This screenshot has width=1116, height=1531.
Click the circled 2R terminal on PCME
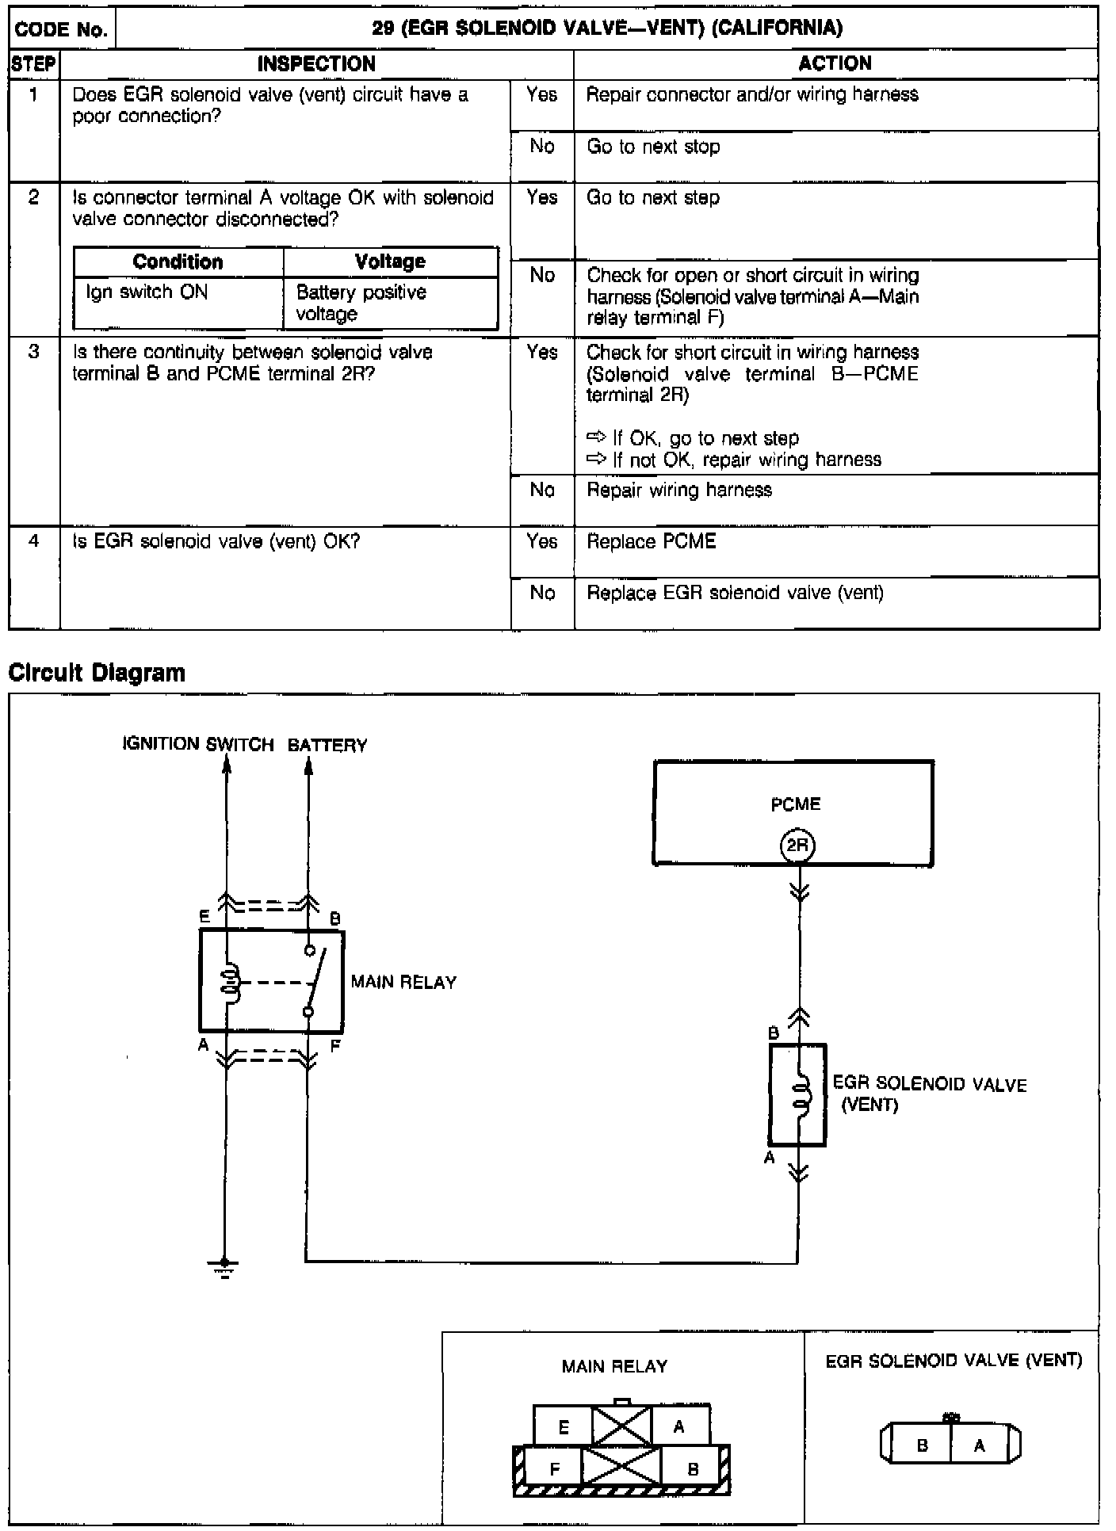[797, 846]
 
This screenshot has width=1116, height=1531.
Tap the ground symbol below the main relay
[225, 1267]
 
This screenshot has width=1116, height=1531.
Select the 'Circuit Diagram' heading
[97, 673]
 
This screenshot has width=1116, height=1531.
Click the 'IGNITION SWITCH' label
[198, 744]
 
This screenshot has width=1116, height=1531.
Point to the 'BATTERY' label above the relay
[327, 746]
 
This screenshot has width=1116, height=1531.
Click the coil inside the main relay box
[231, 983]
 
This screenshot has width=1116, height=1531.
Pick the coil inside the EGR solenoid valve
[801, 1094]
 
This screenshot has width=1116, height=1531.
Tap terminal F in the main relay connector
[554, 1468]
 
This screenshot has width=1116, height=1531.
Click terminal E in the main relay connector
[564, 1428]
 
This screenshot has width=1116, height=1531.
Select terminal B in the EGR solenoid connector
[922, 1445]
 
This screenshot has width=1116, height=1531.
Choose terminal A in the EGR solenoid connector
[980, 1445]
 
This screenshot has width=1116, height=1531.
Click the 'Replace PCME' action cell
[652, 541]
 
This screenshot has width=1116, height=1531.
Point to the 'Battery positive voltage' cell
[361, 303]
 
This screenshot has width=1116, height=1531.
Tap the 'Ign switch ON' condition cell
[147, 292]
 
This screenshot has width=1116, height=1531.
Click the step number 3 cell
[33, 352]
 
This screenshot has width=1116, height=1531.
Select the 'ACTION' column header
[835, 64]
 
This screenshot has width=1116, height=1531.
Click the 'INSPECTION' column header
[316, 64]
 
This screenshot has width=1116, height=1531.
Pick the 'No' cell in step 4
[542, 593]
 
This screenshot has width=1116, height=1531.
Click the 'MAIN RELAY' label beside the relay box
[403, 983]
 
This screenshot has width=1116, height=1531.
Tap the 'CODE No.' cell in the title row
[62, 30]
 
